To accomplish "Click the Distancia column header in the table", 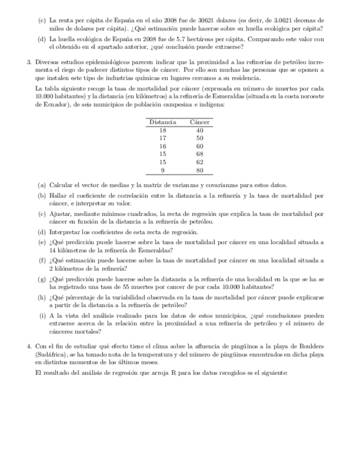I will pos(163,121).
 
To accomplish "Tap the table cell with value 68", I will pos(200,154).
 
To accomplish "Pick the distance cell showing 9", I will pos(163,170).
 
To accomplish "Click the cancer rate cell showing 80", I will pos(200,170).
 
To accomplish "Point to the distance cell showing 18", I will pos(163,130).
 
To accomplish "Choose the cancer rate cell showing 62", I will pos(200,163).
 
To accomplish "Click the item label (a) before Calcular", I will pos(42,185).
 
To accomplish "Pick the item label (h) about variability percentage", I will pos(42,298).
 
